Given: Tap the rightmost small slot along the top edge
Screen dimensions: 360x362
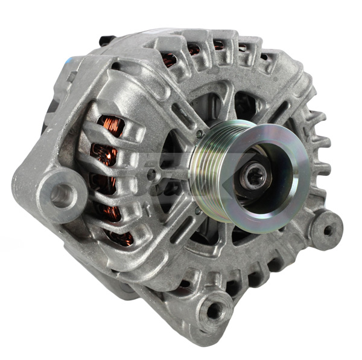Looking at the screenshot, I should click(264, 57).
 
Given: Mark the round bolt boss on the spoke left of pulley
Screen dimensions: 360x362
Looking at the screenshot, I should click(151, 176).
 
